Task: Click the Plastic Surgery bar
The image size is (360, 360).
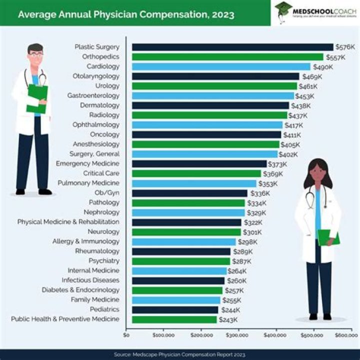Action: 232,47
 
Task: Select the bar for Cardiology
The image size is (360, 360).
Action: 221,66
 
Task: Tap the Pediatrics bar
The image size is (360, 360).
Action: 175,309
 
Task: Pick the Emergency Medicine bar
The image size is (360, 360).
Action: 199,164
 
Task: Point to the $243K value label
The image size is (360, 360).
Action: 228,319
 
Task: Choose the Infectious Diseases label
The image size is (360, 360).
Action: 90,280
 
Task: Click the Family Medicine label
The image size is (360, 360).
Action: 95,300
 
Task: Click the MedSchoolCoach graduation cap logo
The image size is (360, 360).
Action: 283,8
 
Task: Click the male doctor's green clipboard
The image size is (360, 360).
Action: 37,98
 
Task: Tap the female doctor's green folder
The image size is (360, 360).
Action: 328,237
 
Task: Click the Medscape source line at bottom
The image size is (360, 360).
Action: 180,354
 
